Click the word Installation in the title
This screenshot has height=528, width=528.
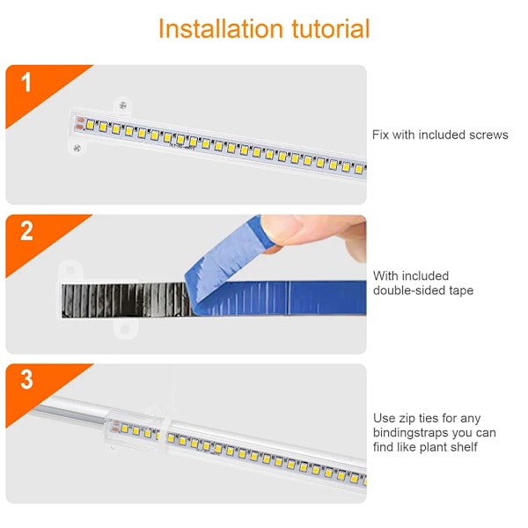pos(221,29)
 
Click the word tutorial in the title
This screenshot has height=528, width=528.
pos(331,29)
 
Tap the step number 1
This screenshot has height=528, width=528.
pos(26,82)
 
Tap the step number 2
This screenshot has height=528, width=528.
pos(26,231)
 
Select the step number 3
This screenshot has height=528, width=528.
pos(27,380)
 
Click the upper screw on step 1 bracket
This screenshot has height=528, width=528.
pos(123,106)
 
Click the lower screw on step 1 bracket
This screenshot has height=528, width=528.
pos(77,148)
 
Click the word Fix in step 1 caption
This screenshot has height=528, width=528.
pos(380,135)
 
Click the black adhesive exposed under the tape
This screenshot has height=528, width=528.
pos(126,300)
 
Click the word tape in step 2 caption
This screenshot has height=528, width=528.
pos(461,291)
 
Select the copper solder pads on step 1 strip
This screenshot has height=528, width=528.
pos(80,123)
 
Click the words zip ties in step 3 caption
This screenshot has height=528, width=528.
pos(418,419)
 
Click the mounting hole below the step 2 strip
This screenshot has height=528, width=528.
pos(125,329)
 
